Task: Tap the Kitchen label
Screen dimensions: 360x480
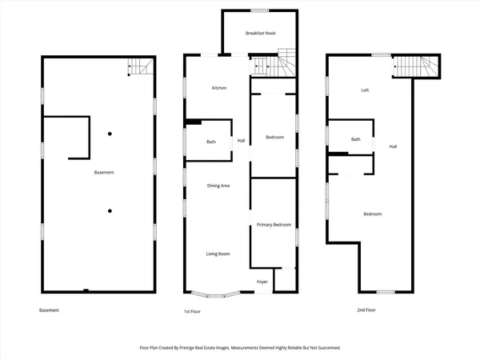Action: pyautogui.click(x=218, y=87)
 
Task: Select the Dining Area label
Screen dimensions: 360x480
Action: pyautogui.click(x=218, y=186)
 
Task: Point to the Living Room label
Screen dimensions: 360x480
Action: pyautogui.click(x=218, y=254)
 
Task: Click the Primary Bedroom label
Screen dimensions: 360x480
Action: pyautogui.click(x=274, y=225)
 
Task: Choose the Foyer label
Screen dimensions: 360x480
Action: pyautogui.click(x=262, y=282)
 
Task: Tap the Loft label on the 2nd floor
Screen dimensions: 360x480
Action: pyautogui.click(x=365, y=90)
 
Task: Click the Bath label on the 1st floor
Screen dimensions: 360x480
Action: pyautogui.click(x=211, y=142)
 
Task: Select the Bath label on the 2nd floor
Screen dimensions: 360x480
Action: pyautogui.click(x=356, y=139)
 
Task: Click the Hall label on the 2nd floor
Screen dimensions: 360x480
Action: pyautogui.click(x=393, y=146)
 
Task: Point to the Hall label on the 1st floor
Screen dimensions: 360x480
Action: pyautogui.click(x=241, y=142)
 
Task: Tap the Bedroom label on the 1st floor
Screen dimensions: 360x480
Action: pyautogui.click(x=274, y=138)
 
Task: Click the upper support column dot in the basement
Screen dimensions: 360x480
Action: pyautogui.click(x=110, y=134)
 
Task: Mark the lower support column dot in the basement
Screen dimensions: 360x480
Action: pyautogui.click(x=110, y=211)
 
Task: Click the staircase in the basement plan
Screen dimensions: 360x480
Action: pyautogui.click(x=140, y=68)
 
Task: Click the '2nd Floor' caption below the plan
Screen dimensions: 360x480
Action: pyautogui.click(x=367, y=310)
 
